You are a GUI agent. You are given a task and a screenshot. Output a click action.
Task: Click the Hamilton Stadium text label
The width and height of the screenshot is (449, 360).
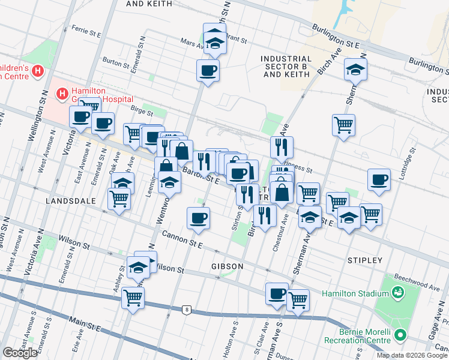point(355,293)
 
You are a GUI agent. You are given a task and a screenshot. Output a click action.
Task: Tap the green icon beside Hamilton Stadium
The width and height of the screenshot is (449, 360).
point(397,293)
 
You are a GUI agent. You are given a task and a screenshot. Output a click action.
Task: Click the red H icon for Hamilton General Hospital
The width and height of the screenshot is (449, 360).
point(61,93)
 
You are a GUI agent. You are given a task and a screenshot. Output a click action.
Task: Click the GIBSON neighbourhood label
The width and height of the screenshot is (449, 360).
point(227,266)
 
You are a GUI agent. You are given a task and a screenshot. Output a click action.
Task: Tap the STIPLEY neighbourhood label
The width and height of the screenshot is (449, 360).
point(364,260)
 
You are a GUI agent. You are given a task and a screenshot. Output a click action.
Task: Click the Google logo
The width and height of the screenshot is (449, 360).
point(20,353)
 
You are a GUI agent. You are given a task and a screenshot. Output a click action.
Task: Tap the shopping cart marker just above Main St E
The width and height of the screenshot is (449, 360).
point(133,297)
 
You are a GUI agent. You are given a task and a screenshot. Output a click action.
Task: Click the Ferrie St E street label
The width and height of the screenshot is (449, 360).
point(88,29)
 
